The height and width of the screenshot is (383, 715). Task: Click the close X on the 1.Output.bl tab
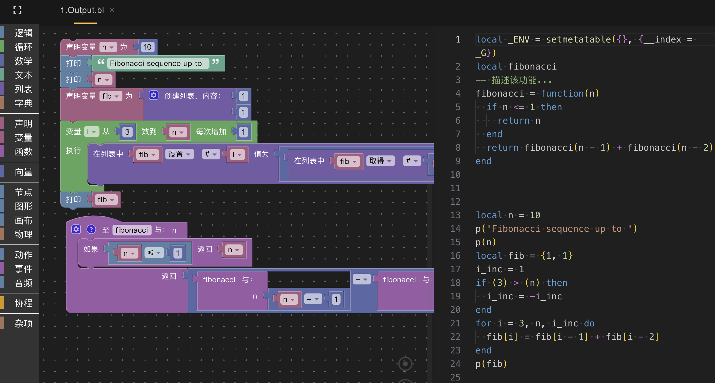112,10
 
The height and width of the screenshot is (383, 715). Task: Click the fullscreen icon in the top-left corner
17,10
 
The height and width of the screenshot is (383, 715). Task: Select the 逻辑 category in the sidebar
24,33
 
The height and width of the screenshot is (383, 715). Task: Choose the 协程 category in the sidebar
24,303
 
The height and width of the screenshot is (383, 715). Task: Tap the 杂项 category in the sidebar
24,324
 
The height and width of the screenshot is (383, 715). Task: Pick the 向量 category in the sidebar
24,172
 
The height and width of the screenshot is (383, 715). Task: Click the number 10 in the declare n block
148,47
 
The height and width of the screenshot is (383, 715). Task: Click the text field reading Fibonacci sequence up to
156,63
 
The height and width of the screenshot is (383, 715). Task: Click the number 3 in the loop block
127,132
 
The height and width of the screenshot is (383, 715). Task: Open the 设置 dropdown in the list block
179,154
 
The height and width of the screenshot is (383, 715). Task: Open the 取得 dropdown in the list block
380,161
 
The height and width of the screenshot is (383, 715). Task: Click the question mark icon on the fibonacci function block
91,230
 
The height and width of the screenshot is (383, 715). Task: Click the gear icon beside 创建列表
154,95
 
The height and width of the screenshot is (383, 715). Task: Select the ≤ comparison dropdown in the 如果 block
154,253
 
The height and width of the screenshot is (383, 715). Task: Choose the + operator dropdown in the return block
361,279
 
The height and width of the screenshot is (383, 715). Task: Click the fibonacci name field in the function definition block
131,230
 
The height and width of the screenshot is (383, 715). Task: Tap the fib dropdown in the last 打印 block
105,200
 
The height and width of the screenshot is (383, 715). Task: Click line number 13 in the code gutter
455,215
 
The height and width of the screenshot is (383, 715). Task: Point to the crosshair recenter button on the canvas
405,364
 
